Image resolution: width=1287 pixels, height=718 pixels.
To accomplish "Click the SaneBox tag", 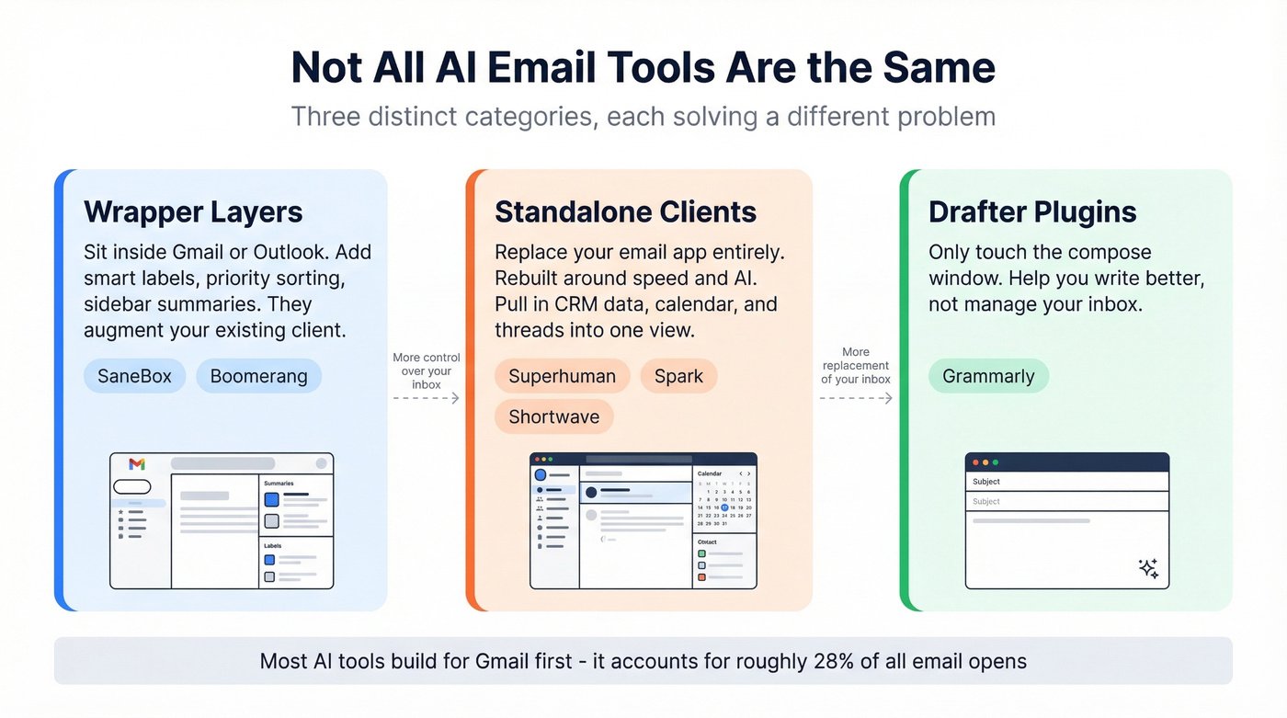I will (x=134, y=376).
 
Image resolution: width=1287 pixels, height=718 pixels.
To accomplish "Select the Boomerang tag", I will (x=258, y=376).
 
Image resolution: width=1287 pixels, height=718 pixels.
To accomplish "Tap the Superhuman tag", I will (x=562, y=376).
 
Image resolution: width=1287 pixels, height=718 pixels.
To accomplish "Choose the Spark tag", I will (x=678, y=376).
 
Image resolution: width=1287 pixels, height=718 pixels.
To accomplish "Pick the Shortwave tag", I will (x=553, y=416).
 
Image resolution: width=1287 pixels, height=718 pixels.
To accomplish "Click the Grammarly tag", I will (x=988, y=376).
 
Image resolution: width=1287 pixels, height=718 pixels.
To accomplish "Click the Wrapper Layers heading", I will (x=193, y=211).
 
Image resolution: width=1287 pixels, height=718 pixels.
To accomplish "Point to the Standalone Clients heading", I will (x=625, y=211).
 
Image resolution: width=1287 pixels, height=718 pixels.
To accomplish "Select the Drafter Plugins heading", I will (x=1032, y=211).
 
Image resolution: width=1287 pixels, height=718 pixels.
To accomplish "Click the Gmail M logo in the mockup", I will (x=137, y=464).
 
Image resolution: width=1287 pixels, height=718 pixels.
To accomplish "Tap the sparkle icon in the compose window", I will (x=1148, y=568).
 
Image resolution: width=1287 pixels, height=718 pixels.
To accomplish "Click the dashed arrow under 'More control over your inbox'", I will (x=426, y=398).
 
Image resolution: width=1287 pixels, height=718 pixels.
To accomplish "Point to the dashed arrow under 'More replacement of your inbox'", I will (x=856, y=398).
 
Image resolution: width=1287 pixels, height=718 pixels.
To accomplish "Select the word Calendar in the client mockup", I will (x=709, y=473).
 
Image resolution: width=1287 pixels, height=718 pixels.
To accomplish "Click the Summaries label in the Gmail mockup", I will (x=279, y=483).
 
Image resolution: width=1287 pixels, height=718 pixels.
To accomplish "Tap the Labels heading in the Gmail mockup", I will (x=272, y=545).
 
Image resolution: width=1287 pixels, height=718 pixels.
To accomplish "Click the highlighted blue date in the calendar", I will (x=724, y=507).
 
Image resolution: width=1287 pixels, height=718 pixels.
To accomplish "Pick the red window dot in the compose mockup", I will (x=974, y=462).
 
